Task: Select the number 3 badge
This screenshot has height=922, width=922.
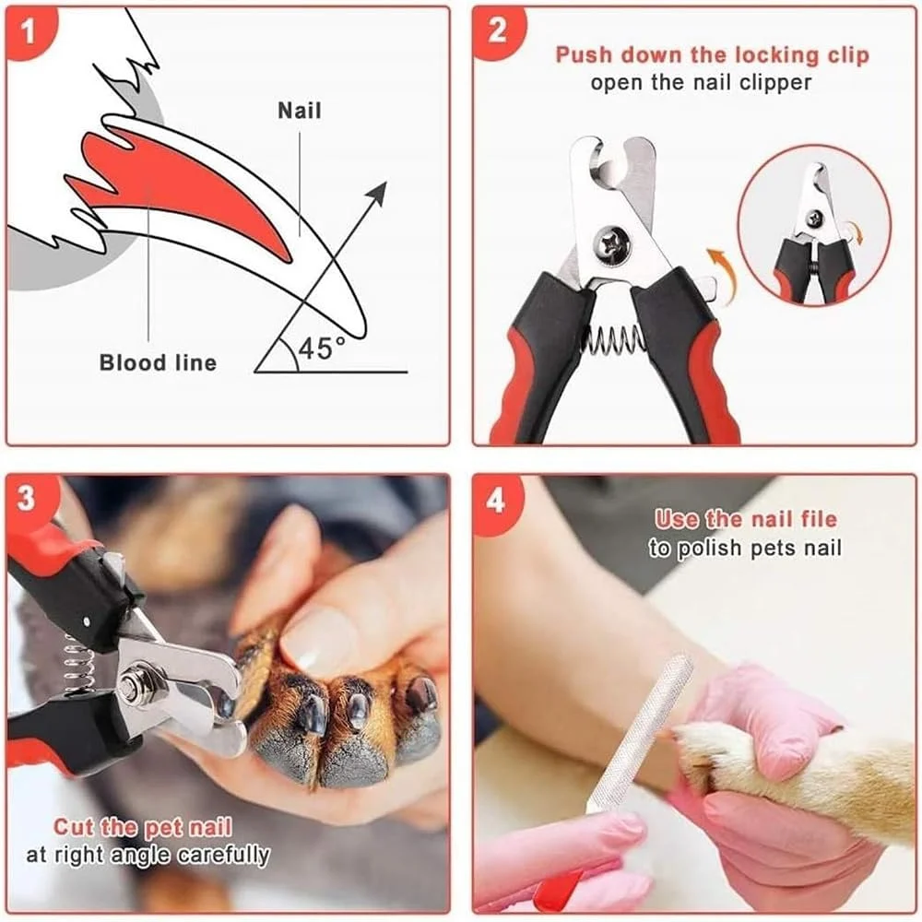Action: click(x=27, y=499)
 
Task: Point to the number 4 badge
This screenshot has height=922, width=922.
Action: click(x=496, y=501)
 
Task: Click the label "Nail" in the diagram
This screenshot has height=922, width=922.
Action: click(x=300, y=111)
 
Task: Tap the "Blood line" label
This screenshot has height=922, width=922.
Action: click(x=158, y=362)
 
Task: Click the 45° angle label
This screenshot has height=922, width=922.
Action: click(x=321, y=349)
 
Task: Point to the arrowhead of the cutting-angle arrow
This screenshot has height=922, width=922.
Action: click(x=377, y=193)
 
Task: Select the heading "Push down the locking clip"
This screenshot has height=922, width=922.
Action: click(x=712, y=54)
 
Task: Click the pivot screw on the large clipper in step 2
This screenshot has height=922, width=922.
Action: click(x=612, y=243)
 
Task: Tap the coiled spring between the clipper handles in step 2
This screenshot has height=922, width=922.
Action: click(x=613, y=340)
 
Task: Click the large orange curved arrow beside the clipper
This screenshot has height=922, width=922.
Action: click(x=721, y=274)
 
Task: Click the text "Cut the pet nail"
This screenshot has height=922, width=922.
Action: click(x=143, y=827)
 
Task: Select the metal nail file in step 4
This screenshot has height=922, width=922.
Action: click(x=639, y=731)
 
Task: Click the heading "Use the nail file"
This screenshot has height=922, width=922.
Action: click(x=746, y=519)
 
